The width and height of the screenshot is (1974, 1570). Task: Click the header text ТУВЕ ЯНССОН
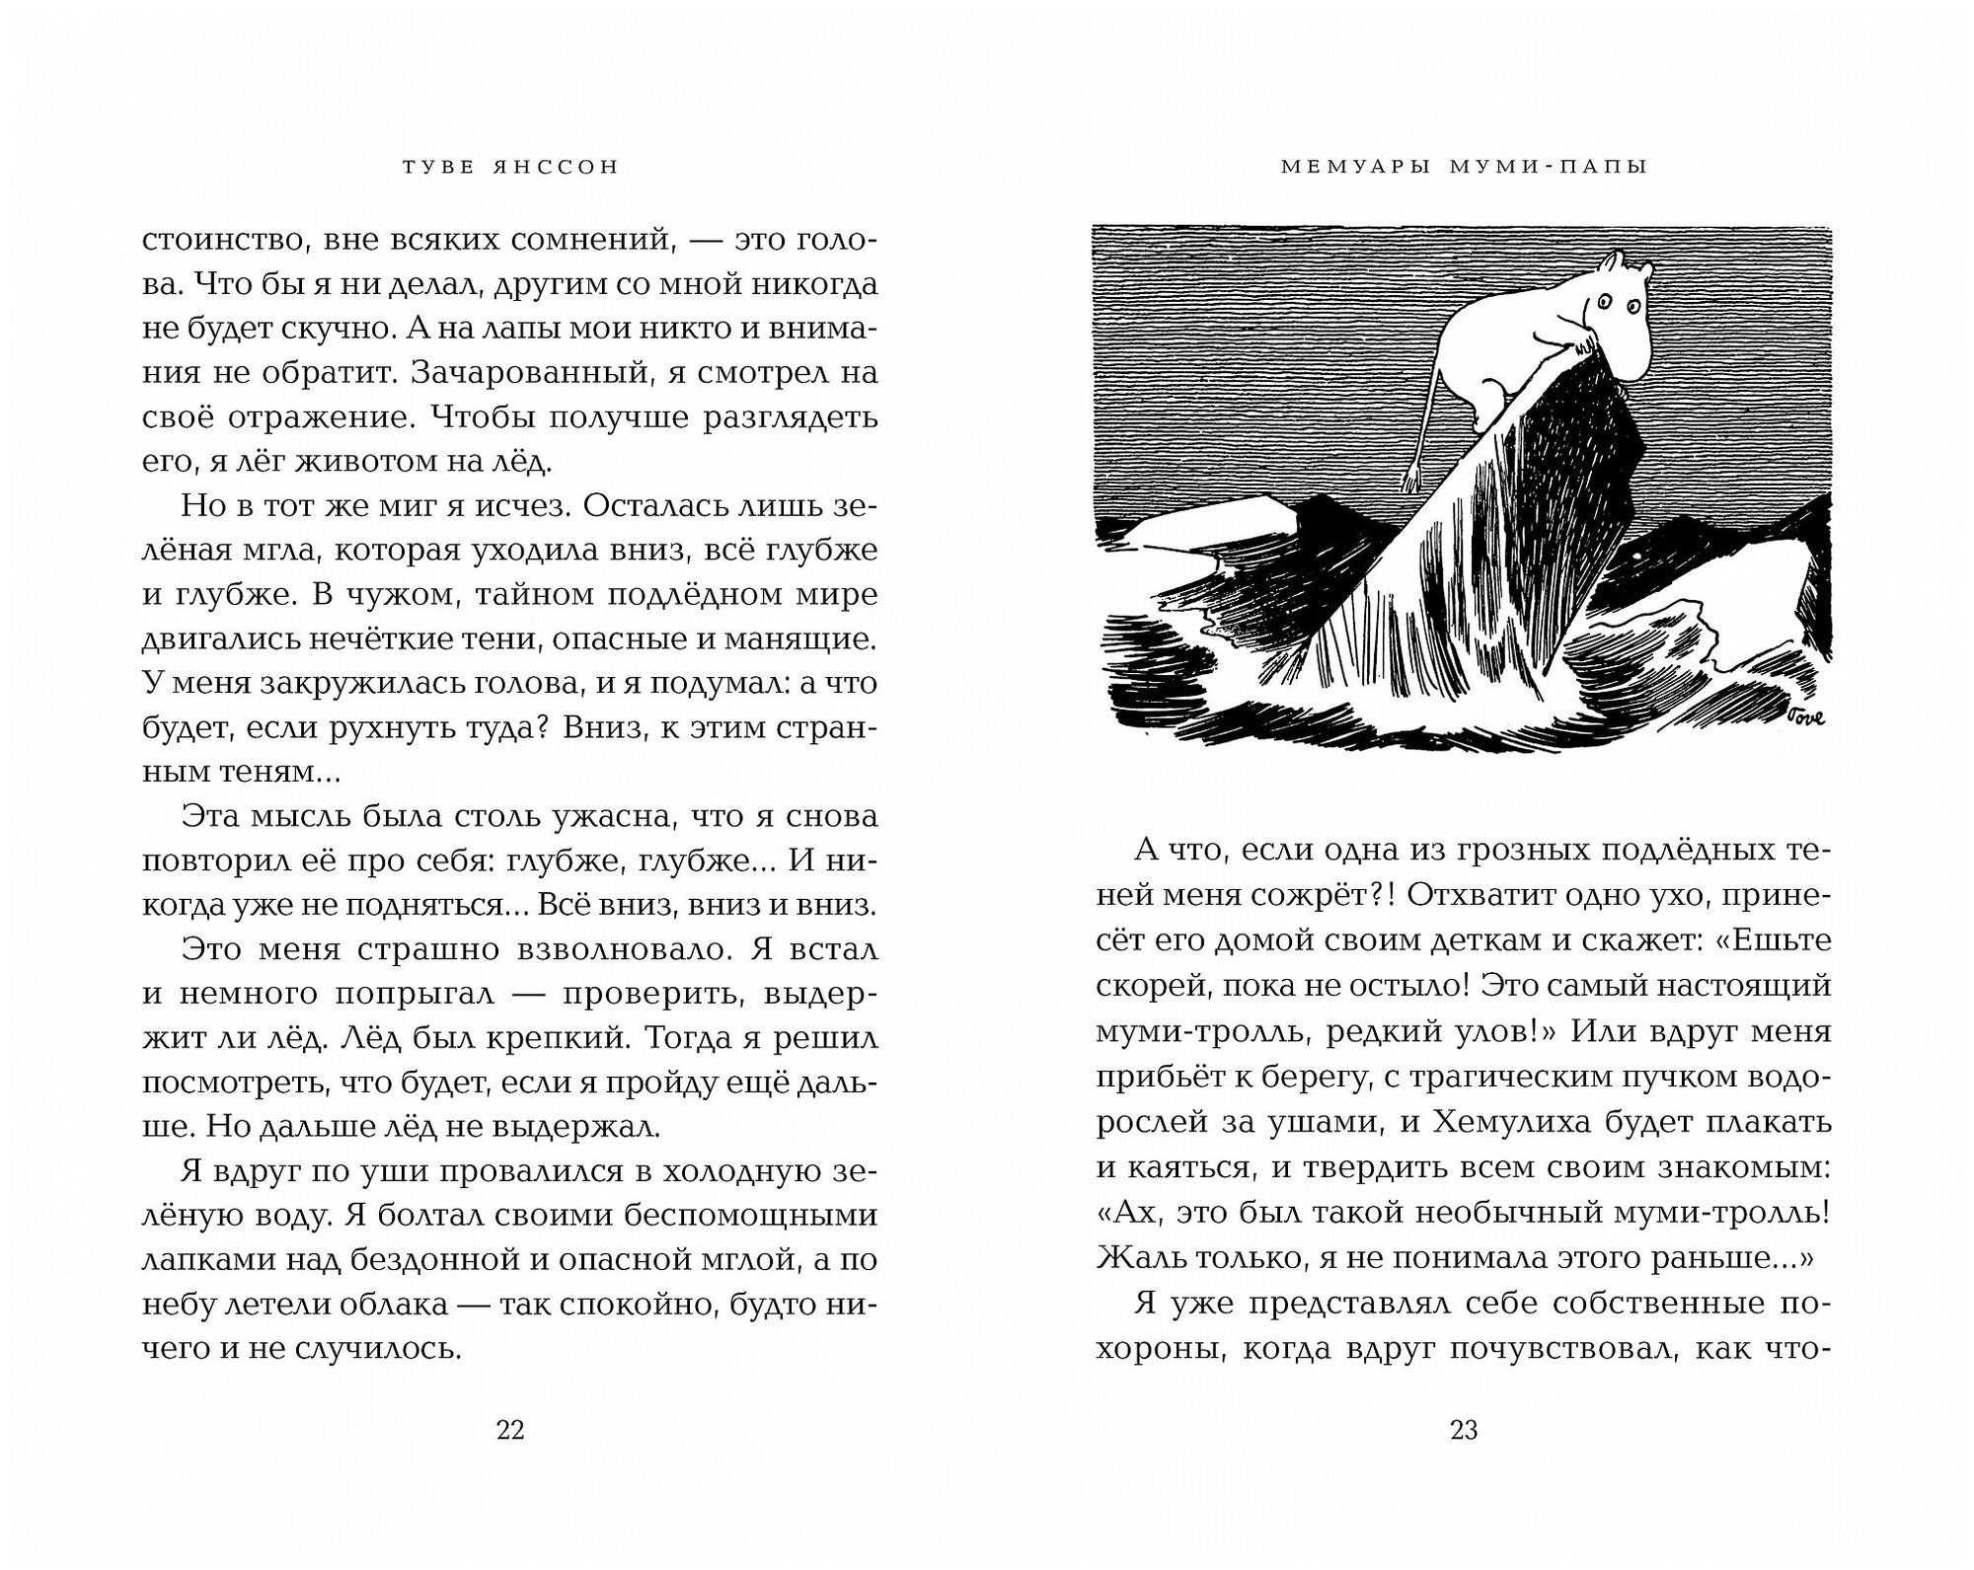510,168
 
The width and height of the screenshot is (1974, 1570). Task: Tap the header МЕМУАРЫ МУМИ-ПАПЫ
1465,168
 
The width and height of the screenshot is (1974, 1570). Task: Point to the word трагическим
1532,1076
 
